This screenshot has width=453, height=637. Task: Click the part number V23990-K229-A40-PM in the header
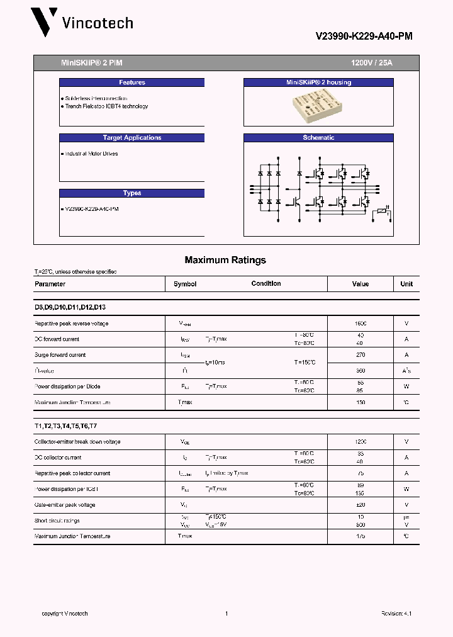click(x=364, y=37)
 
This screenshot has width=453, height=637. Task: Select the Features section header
click(x=132, y=82)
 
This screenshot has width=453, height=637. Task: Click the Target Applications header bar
click(x=132, y=138)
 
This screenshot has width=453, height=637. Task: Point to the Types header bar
click(x=132, y=193)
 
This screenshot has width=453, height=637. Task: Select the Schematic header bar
click(x=318, y=138)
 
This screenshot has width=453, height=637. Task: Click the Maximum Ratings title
click(x=225, y=260)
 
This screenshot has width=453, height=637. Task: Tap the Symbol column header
click(x=185, y=284)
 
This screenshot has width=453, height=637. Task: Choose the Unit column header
click(x=406, y=284)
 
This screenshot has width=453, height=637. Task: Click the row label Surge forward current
click(x=60, y=355)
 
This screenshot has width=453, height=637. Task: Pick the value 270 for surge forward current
click(x=361, y=355)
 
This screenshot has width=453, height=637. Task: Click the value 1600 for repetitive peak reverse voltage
click(x=361, y=324)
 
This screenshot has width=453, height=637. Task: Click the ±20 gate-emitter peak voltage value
click(x=361, y=505)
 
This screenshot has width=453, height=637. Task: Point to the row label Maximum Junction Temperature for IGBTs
click(x=72, y=536)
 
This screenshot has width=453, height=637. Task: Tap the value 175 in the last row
click(x=361, y=536)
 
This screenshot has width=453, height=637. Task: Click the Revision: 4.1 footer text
click(x=396, y=614)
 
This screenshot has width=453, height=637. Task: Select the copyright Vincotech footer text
click(x=65, y=614)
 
